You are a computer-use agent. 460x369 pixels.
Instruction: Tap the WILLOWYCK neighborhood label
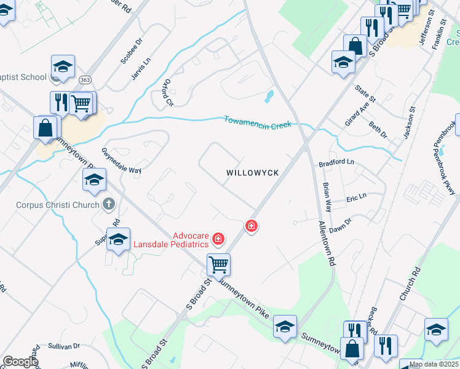pyautogui.click(x=253, y=173)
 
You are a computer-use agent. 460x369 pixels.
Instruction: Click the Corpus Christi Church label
pyautogui.click(x=58, y=205)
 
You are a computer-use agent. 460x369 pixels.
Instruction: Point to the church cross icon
pyautogui.click(x=109, y=203)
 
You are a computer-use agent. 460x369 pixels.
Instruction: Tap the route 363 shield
pyautogui.click(x=85, y=81)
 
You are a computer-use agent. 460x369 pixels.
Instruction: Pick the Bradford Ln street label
pyautogui.click(x=336, y=163)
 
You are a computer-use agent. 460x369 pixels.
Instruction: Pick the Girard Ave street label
pyautogui.click(x=355, y=114)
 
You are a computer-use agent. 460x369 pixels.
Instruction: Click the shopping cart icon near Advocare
pyautogui.click(x=218, y=265)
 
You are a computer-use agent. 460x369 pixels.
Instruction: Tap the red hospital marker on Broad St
pyautogui.click(x=251, y=226)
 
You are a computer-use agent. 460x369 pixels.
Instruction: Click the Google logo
pyautogui.click(x=20, y=362)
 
